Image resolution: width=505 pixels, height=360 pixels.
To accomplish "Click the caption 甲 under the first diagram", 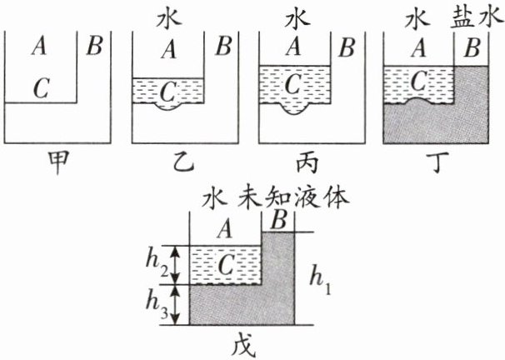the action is [x=58, y=162].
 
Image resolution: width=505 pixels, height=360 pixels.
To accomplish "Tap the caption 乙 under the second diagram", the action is [x=184, y=162].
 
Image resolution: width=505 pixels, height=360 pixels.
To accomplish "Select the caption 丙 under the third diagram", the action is [x=307, y=162].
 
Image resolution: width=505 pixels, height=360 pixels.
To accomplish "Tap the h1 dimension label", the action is [x=320, y=279].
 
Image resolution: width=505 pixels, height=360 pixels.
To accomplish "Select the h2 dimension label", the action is [x=157, y=265].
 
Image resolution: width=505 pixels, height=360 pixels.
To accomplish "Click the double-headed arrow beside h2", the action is [x=174, y=265].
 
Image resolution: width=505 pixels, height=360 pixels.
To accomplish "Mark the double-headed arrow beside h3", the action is [x=174, y=305].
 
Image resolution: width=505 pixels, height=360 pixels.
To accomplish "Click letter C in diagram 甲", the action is [x=41, y=87].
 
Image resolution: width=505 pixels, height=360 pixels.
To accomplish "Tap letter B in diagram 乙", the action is [x=223, y=46].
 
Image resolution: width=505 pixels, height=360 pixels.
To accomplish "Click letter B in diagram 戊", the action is [x=279, y=221].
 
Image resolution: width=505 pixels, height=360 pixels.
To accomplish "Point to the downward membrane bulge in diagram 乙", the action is [x=168, y=107].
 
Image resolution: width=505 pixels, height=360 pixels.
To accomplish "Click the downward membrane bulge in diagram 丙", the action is [x=293, y=109].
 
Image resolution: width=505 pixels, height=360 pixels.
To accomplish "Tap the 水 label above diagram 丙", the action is [x=297, y=20].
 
